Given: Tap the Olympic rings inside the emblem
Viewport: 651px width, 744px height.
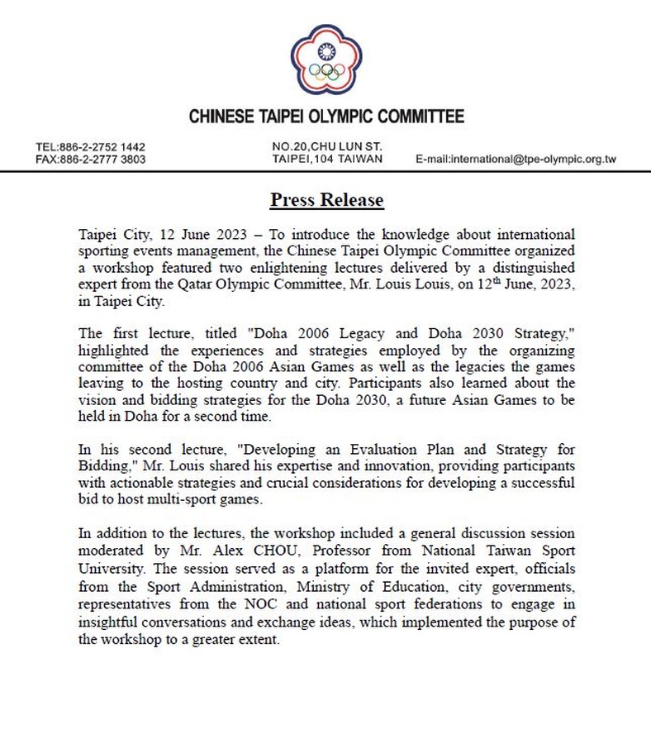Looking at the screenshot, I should point(327,73).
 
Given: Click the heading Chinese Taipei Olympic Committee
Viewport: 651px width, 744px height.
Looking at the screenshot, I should point(326,117).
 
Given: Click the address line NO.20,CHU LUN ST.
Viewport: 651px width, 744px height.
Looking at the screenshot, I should point(327,147).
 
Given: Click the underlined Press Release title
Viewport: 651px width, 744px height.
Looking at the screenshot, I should point(326,200).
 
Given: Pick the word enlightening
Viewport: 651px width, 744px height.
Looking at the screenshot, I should point(318,269).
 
